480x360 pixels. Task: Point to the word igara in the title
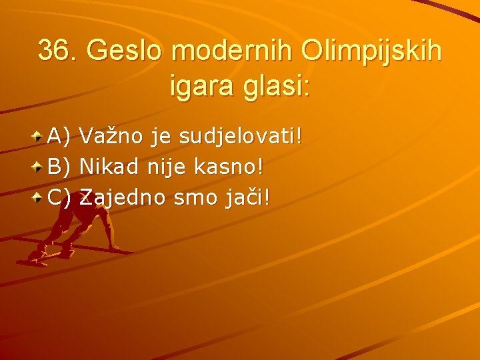(x=205, y=87)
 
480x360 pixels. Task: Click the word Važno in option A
(x=111, y=137)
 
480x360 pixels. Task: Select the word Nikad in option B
(x=108, y=167)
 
